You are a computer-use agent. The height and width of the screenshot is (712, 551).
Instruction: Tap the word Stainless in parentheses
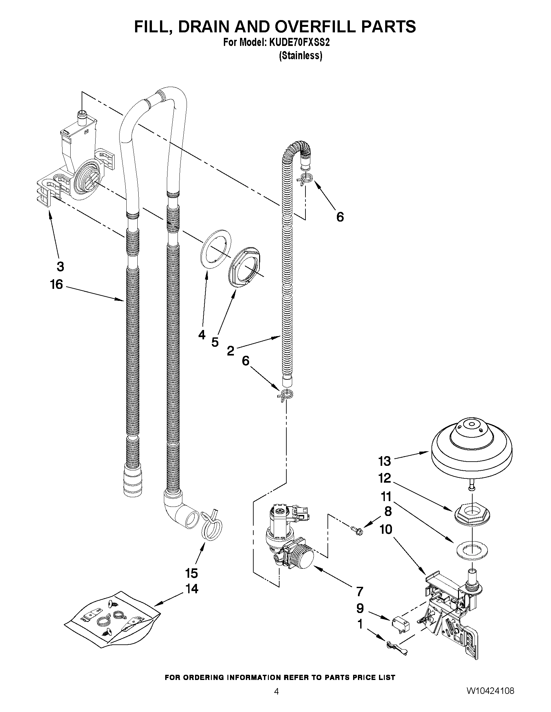(301, 56)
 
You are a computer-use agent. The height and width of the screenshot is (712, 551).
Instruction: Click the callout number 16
(56, 284)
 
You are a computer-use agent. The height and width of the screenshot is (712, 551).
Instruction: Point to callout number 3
(60, 266)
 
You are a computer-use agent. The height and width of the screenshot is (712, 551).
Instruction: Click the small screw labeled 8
(357, 531)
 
